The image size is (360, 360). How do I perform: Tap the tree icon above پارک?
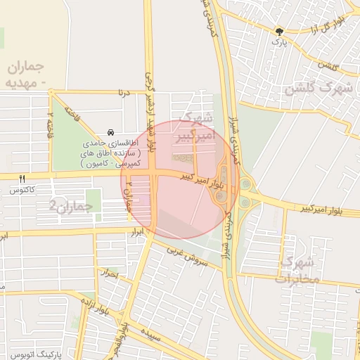coord(280,31)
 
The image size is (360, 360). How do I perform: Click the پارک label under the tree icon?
coord(280,41)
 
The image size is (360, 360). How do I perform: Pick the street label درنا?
coord(125,91)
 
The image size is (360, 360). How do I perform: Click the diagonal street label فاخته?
coord(72,112)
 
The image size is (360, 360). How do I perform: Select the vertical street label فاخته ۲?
coord(49,123)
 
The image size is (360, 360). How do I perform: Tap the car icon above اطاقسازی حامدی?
coord(110,132)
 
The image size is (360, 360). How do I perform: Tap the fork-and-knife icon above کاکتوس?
coord(23,179)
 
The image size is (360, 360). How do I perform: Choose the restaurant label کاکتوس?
coord(23,190)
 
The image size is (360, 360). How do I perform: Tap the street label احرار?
coord(110,273)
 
